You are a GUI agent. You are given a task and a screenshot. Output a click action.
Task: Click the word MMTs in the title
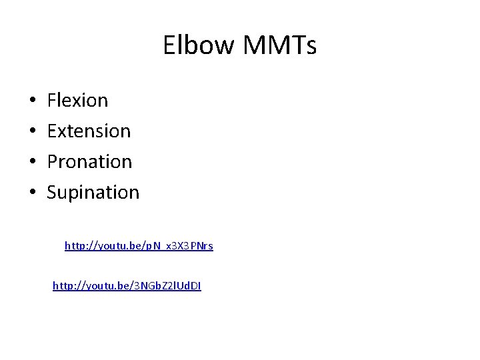pyautogui.click(x=279, y=45)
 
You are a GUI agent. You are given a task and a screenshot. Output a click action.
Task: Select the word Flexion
pyautogui.click(x=77, y=101)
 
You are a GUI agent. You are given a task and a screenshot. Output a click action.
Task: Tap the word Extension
pyautogui.click(x=89, y=131)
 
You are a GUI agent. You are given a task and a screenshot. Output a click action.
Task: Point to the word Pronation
pyautogui.click(x=89, y=161)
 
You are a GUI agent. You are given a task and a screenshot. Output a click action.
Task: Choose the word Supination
pyautogui.click(x=93, y=193)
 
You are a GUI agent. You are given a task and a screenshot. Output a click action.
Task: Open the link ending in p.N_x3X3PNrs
pyautogui.click(x=139, y=246)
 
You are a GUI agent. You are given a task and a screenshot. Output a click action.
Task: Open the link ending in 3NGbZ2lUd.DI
pyautogui.click(x=127, y=286)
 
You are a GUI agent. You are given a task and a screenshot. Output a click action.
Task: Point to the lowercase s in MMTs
pyautogui.click(x=311, y=47)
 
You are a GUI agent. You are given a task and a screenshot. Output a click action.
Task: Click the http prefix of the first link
pyautogui.click(x=75, y=246)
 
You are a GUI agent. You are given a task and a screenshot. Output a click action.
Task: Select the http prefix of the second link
pyautogui.click(x=63, y=286)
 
